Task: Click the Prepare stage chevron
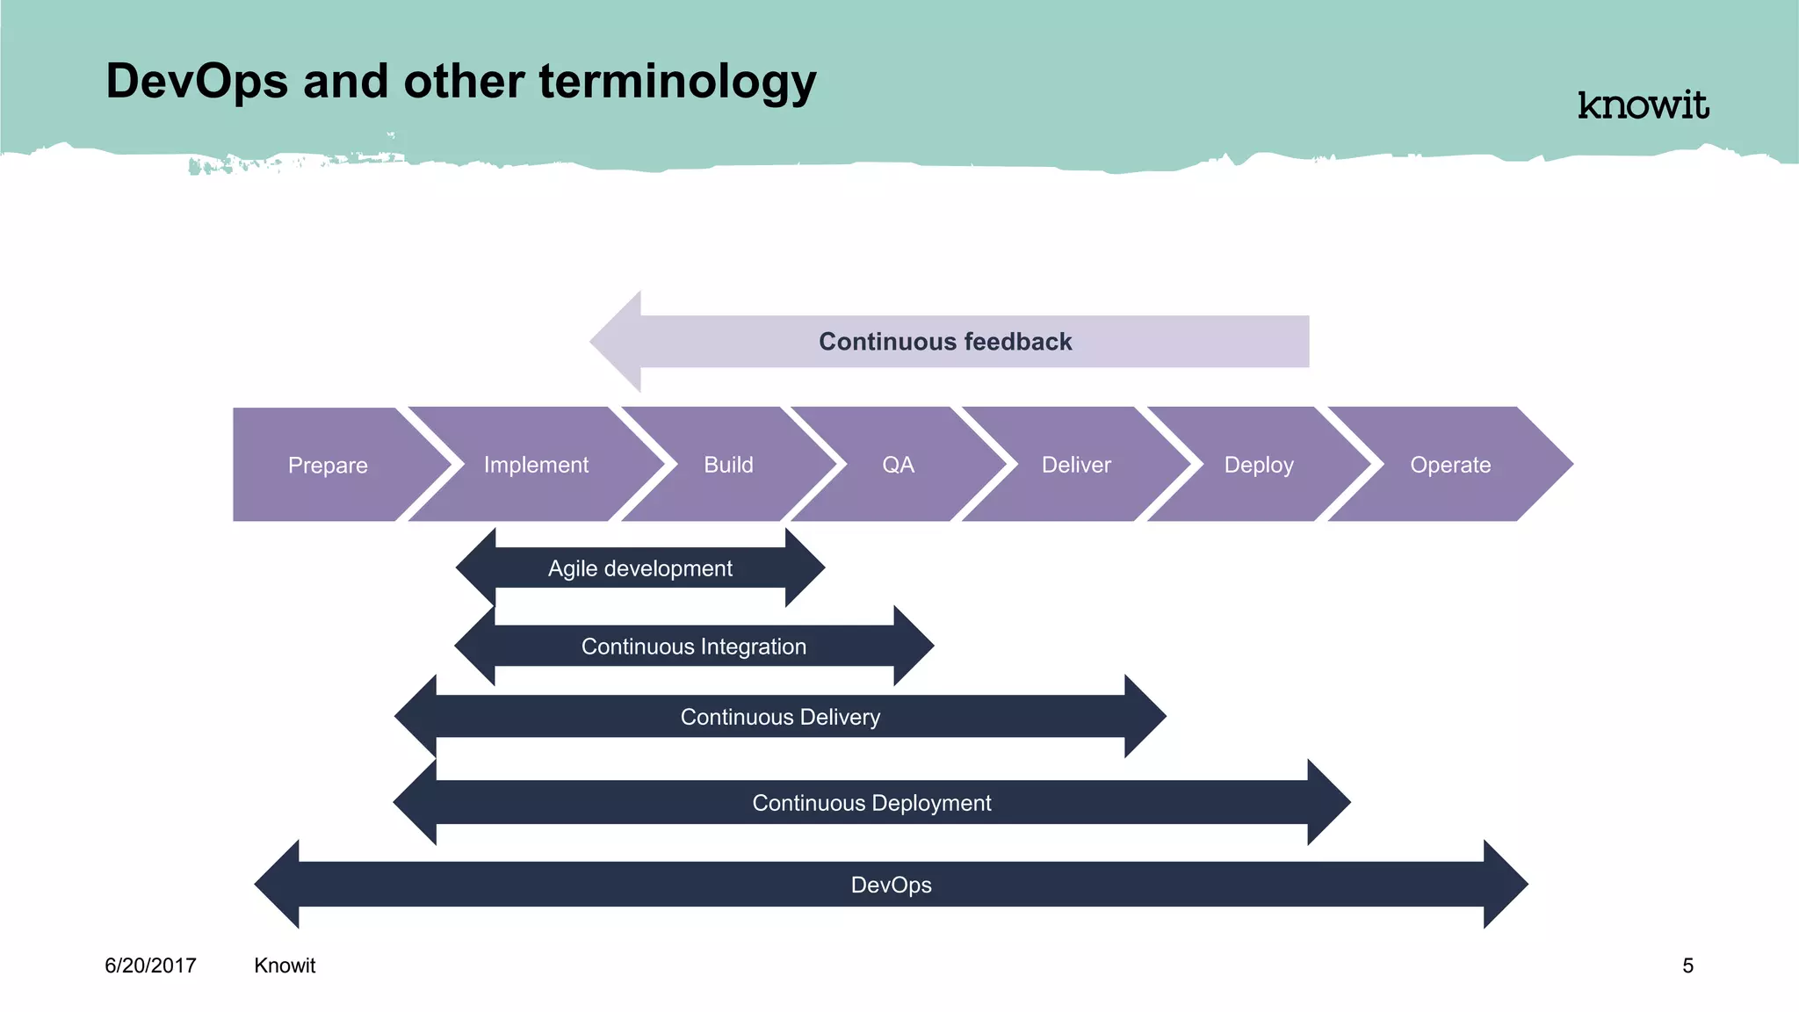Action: tap(329, 465)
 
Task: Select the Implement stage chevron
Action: tap(536, 465)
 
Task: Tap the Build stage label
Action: tap(728, 465)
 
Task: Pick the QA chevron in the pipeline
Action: tap(898, 465)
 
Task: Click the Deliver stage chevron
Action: tap(1076, 465)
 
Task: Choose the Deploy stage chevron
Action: tap(1259, 465)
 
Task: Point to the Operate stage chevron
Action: tap(1450, 465)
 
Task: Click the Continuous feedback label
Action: tap(945, 342)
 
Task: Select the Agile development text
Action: tap(639, 568)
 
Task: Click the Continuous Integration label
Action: tap(693, 647)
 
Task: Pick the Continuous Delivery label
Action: tap(780, 717)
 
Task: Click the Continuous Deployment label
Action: tap(871, 803)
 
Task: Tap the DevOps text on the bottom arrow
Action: tap(891, 885)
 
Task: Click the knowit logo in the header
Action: tap(1643, 105)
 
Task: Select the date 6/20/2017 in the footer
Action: tap(150, 965)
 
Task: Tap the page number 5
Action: tap(1687, 965)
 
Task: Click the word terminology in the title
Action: tap(677, 82)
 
